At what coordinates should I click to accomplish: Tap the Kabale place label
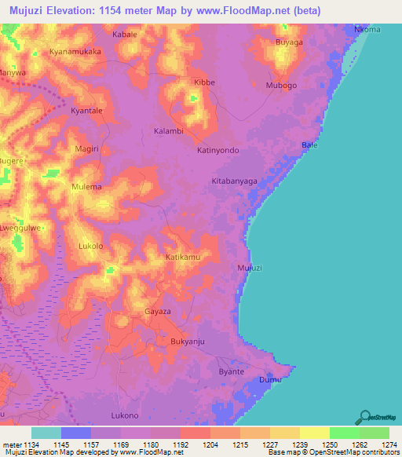click(125, 35)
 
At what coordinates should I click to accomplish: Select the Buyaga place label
click(288, 43)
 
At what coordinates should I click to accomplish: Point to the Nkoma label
click(367, 30)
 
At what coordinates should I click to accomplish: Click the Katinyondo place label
click(217, 149)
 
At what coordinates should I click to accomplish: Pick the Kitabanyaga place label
click(235, 181)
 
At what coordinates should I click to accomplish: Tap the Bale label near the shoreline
click(310, 146)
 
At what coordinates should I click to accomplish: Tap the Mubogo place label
click(282, 85)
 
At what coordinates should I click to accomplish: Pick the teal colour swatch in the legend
click(46, 433)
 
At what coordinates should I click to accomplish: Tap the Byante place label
click(232, 371)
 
